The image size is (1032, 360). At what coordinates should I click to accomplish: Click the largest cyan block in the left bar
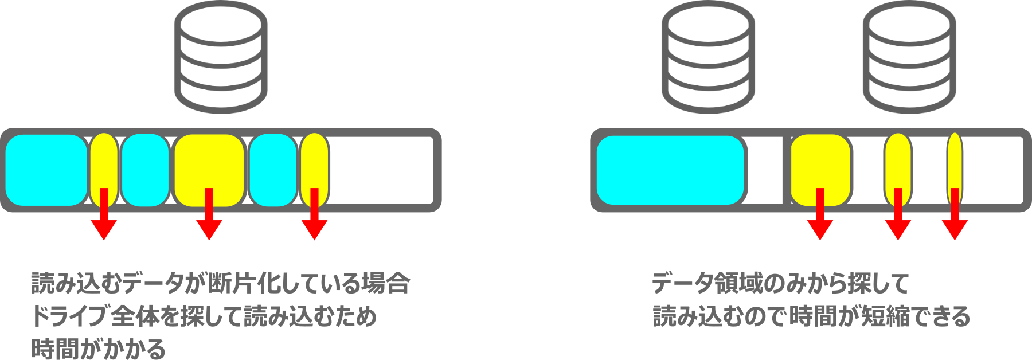46,170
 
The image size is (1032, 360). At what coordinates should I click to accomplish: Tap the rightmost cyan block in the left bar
273,170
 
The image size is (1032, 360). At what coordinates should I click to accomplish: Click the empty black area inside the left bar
381,170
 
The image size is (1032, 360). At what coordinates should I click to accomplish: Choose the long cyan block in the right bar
670,170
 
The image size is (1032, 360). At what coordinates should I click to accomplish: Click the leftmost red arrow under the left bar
104,221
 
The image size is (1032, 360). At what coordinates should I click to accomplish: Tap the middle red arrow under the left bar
209,221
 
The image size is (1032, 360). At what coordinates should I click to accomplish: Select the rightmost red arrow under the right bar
955,221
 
